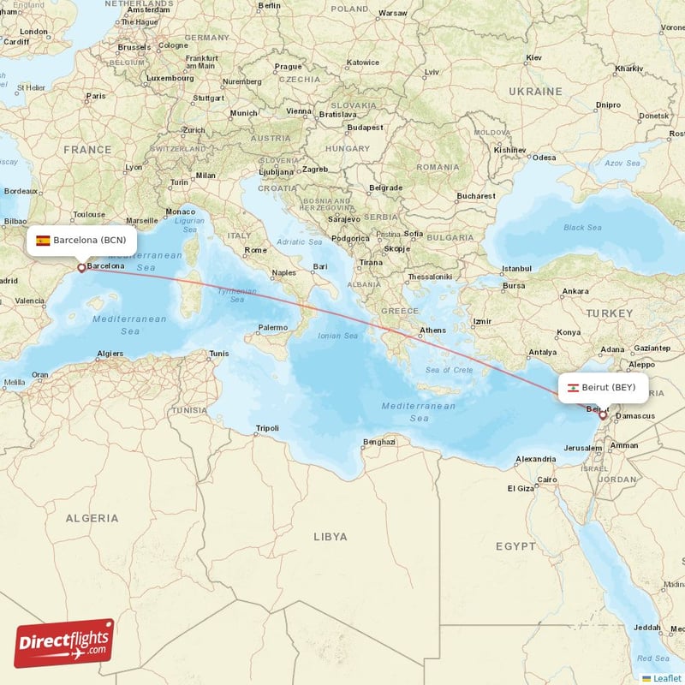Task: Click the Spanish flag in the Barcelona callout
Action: click(43, 240)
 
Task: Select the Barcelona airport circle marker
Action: click(81, 267)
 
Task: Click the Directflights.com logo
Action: click(64, 643)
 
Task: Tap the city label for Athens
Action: click(432, 331)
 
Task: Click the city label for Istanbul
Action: click(516, 268)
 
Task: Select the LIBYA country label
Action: click(331, 537)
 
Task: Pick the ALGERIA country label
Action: click(92, 518)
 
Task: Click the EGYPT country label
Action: click(515, 545)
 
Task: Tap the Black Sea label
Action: click(582, 228)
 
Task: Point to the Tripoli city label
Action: click(267, 429)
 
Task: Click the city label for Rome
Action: click(256, 250)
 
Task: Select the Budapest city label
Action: click(366, 128)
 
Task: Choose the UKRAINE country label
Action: click(534, 91)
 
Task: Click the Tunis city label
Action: click(219, 354)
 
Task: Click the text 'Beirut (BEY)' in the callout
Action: click(609, 387)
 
